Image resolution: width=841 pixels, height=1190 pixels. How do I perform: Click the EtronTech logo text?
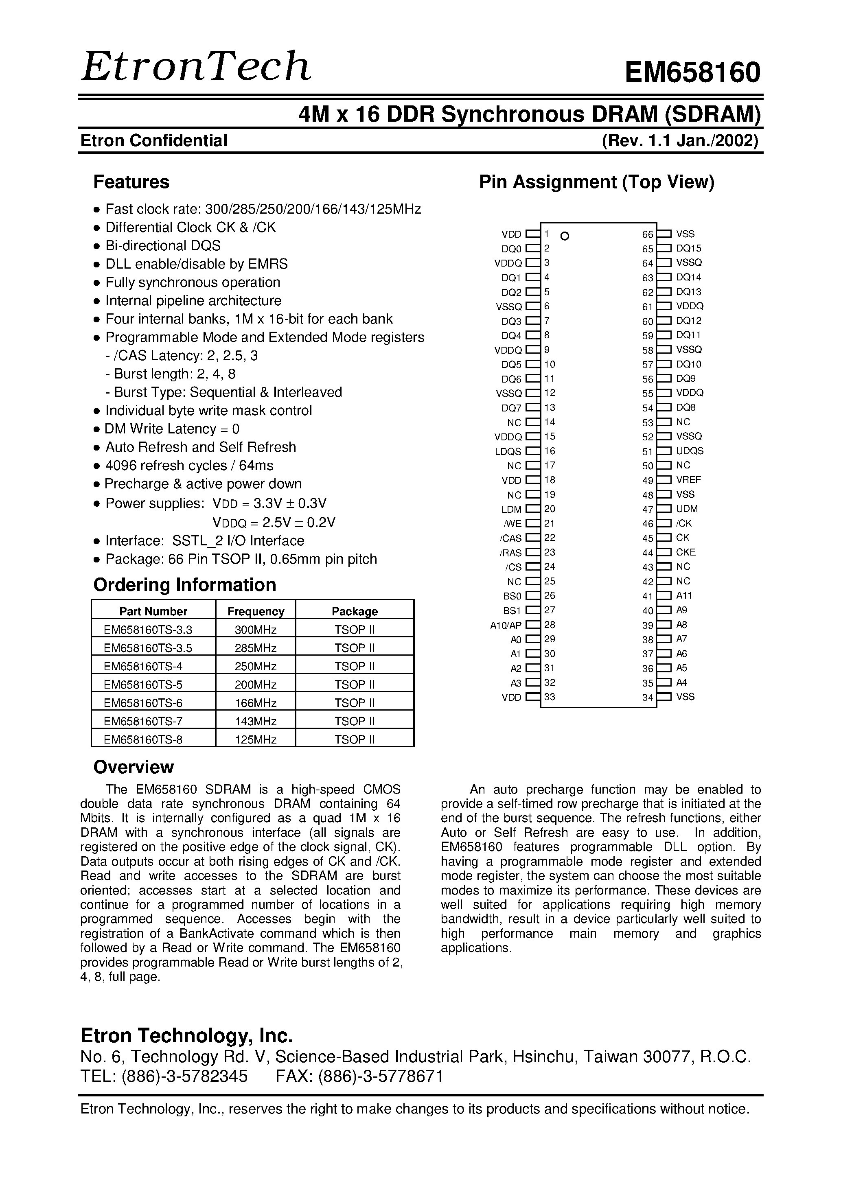[196, 68]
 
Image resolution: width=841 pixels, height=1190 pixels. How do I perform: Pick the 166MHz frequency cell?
[255, 703]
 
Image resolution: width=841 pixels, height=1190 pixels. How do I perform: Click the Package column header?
[355, 611]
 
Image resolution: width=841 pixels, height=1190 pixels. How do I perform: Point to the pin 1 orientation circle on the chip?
[565, 236]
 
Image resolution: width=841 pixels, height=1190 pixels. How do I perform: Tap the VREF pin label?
[689, 480]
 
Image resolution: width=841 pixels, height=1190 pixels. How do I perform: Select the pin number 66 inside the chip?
[648, 234]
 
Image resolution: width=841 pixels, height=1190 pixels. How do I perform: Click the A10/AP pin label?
[506, 625]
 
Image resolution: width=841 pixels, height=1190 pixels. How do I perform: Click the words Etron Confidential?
[154, 140]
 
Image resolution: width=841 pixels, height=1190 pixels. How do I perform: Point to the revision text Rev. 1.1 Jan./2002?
[680, 140]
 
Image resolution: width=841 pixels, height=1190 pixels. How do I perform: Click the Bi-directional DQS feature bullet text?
[163, 246]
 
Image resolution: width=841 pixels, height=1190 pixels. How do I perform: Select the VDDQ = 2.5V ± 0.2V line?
[274, 522]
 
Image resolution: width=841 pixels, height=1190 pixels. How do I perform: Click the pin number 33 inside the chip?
[550, 697]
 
